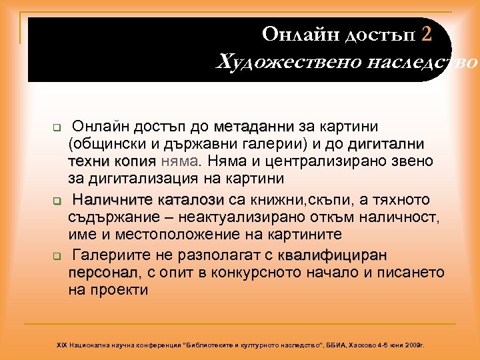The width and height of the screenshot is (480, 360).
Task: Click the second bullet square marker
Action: [x=57, y=201]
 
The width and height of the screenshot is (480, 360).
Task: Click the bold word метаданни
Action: [x=255, y=127]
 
